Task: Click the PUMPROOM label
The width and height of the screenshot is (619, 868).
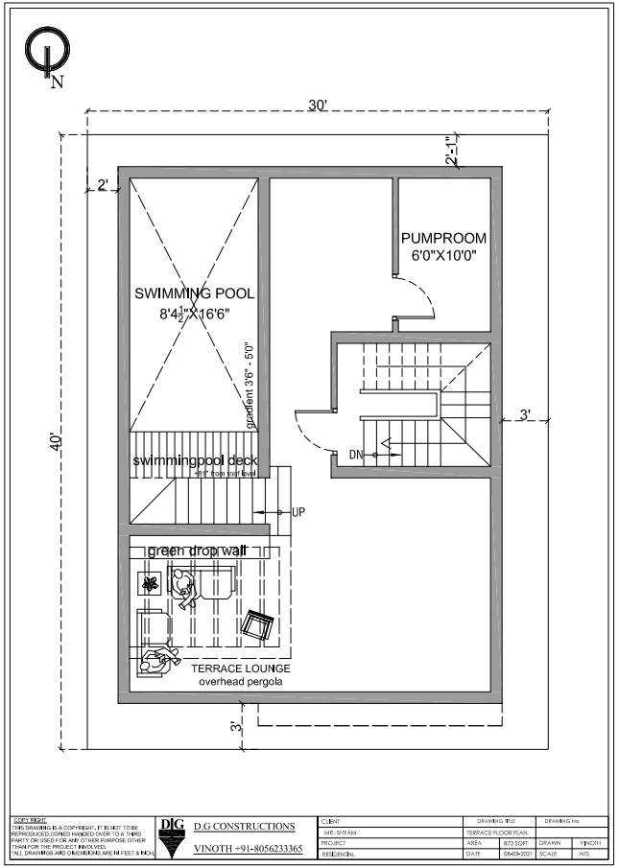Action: point(443,238)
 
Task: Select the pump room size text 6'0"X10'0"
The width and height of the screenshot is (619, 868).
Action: point(443,256)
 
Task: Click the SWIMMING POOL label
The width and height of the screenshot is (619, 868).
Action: point(195,293)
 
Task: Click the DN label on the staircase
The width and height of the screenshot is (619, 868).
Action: point(357,454)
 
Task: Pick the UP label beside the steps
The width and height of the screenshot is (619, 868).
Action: point(298,513)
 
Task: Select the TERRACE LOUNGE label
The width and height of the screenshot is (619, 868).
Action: point(241,668)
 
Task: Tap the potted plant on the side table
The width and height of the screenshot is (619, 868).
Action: point(150,582)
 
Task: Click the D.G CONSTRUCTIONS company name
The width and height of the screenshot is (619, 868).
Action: point(244,826)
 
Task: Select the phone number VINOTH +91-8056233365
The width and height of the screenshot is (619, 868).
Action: point(248,849)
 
